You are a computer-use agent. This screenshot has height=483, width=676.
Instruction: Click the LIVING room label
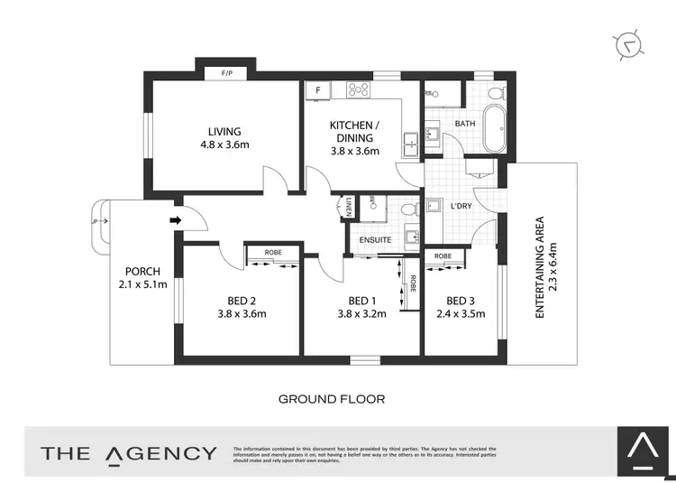225,132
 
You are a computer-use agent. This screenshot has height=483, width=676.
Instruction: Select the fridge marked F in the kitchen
317,89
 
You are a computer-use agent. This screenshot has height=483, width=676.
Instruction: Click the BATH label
465,124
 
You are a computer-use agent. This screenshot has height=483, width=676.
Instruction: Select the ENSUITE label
375,240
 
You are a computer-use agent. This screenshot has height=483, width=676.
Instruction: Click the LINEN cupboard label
348,209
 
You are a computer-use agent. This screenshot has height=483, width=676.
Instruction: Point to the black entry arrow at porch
177,218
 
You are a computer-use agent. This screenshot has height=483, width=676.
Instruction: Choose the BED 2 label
242,301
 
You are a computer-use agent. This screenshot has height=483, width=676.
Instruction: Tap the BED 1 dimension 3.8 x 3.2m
361,314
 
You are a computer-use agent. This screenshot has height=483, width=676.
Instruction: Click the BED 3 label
460,301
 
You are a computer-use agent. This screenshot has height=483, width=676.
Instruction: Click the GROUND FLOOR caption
332,398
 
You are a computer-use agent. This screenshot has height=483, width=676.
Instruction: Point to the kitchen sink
410,143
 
